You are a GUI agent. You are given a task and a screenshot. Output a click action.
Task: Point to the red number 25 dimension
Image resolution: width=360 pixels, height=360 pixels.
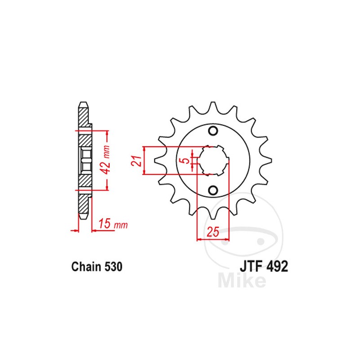[x=213, y=232]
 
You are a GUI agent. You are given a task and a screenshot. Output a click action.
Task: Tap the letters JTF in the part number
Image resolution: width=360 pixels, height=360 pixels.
[x=250, y=266]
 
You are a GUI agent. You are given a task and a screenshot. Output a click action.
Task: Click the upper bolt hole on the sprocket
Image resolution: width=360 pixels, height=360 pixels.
[x=213, y=131]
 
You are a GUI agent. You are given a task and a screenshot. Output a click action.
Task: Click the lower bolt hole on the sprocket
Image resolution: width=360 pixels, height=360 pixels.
[x=213, y=189]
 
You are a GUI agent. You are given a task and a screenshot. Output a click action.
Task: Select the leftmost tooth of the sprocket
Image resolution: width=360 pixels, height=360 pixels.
[x=157, y=160]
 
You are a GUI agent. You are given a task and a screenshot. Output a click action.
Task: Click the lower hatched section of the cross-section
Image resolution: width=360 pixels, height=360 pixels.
[x=84, y=182]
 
